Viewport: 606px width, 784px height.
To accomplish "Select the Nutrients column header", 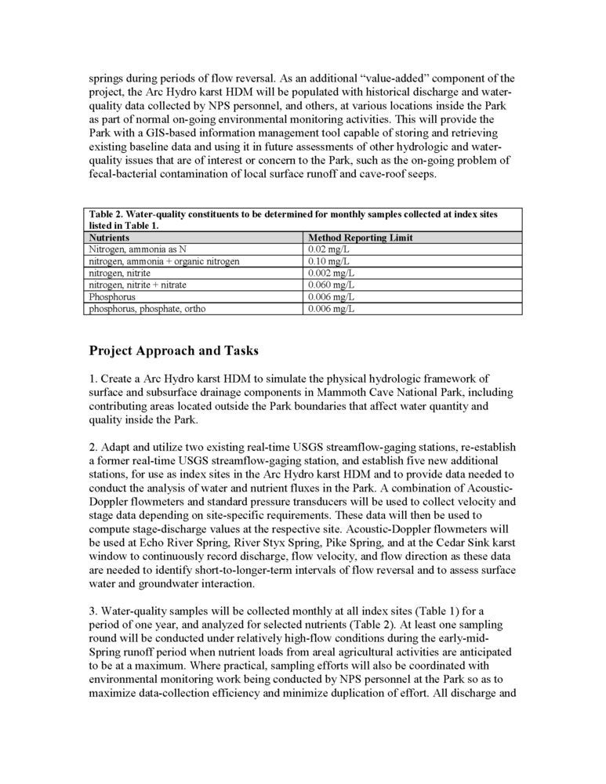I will [x=109, y=237].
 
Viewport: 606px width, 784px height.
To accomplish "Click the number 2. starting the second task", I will [x=93, y=447].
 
